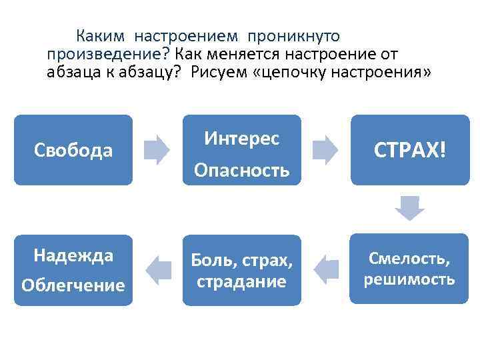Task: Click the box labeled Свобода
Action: (73, 150)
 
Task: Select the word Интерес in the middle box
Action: (242, 138)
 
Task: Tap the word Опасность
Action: (242, 171)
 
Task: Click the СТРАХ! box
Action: (409, 150)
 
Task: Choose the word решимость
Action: (409, 279)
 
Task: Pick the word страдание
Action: (242, 281)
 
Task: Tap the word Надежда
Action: (73, 255)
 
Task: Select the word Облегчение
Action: (73, 285)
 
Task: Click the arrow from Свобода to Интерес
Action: (158, 150)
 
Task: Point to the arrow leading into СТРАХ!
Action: (325, 150)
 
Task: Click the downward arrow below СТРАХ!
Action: (409, 209)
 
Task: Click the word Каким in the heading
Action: (97, 35)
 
